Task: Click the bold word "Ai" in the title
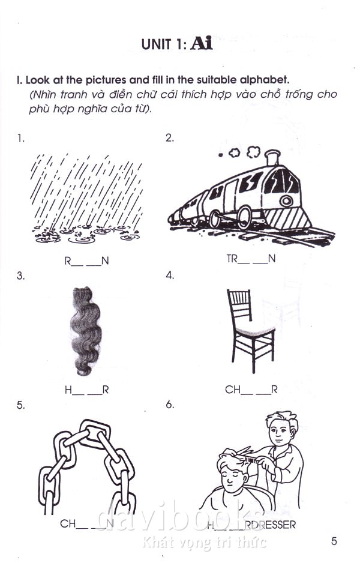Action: point(202,44)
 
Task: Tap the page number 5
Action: point(334,541)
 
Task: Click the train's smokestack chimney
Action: point(272,157)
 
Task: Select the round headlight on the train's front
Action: point(286,201)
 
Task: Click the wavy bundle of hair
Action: point(85,331)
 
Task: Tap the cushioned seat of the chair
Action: point(255,330)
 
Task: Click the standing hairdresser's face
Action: point(279,433)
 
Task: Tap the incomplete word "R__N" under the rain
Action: point(86,261)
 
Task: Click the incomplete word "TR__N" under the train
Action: point(251,259)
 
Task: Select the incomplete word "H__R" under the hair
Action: point(86,390)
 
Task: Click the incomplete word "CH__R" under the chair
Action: point(251,390)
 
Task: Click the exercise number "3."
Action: point(20,275)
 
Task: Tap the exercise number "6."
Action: point(170,405)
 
